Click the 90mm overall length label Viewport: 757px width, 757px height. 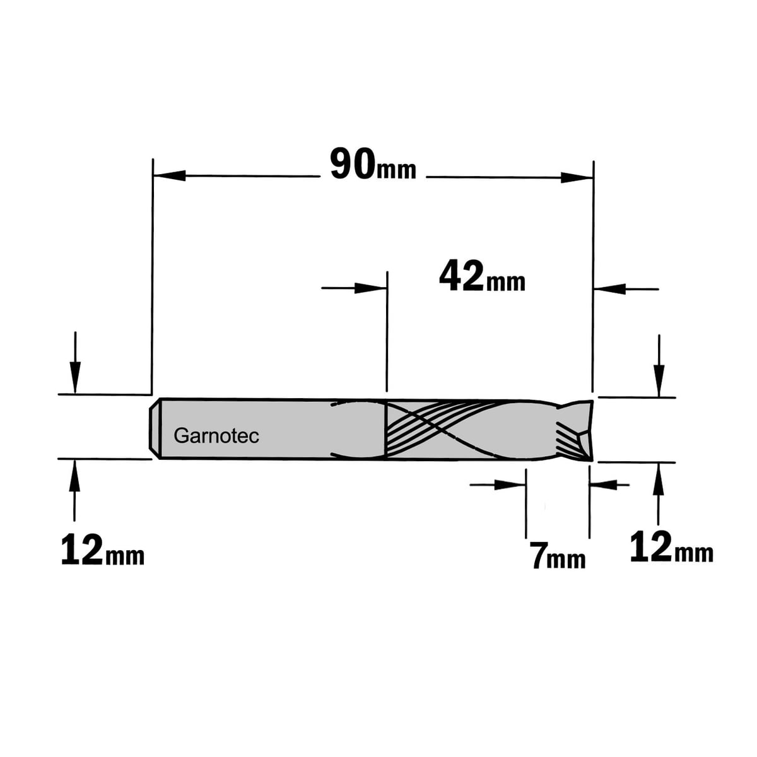(373, 164)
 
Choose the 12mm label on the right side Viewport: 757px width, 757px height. (672, 546)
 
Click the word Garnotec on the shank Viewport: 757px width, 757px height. (216, 436)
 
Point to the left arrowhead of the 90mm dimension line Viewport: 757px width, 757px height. (169, 175)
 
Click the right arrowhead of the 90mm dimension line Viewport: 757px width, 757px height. (577, 177)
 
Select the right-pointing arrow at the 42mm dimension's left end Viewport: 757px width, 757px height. (370, 288)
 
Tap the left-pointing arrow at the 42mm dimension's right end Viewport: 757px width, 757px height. (609, 289)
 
